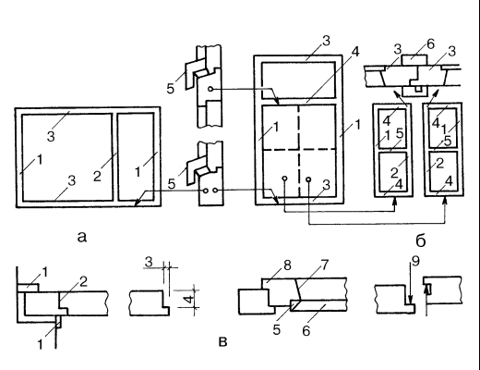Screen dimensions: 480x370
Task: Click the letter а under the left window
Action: click(x=82, y=237)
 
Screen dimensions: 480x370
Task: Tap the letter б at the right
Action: click(x=421, y=240)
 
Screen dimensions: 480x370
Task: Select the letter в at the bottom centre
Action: click(x=222, y=342)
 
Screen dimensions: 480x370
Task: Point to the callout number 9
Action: click(x=415, y=262)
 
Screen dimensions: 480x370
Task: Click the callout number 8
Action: click(x=287, y=265)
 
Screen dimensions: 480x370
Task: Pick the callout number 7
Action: click(x=324, y=265)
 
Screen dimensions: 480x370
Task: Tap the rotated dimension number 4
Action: click(x=189, y=299)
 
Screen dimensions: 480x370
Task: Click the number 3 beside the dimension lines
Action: click(x=149, y=262)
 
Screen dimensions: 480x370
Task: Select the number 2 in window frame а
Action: click(x=97, y=176)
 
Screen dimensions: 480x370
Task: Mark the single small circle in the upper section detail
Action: click(x=210, y=89)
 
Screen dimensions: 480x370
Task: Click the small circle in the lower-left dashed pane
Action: click(x=284, y=179)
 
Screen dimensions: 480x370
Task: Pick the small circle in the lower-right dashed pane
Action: click(x=308, y=179)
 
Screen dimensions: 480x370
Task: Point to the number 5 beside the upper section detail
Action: click(x=171, y=89)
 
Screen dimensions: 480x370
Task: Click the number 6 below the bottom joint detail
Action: click(x=306, y=331)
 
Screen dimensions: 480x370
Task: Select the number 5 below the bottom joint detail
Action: click(x=277, y=330)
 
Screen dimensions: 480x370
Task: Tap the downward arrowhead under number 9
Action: click(x=410, y=300)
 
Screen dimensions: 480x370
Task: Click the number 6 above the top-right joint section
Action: click(x=431, y=44)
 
